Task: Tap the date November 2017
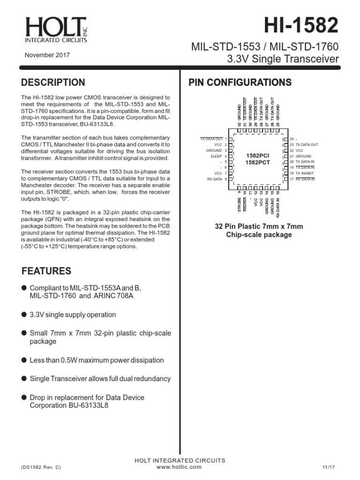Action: [47, 55]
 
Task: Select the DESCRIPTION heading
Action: [53, 83]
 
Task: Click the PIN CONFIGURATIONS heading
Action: [240, 83]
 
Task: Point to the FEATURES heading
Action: [46, 271]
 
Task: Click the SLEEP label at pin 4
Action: [216, 156]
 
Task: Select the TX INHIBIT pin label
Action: [307, 173]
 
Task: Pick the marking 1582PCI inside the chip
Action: [256, 155]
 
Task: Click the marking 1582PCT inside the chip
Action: [256, 162]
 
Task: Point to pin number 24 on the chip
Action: [292, 139]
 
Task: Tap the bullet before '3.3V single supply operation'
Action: [24, 315]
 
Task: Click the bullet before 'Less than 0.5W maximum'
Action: [24, 360]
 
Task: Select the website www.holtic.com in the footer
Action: [179, 467]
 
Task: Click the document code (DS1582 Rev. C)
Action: [41, 467]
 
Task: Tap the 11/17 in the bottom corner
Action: [328, 467]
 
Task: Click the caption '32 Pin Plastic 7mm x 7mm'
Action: [259, 226]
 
